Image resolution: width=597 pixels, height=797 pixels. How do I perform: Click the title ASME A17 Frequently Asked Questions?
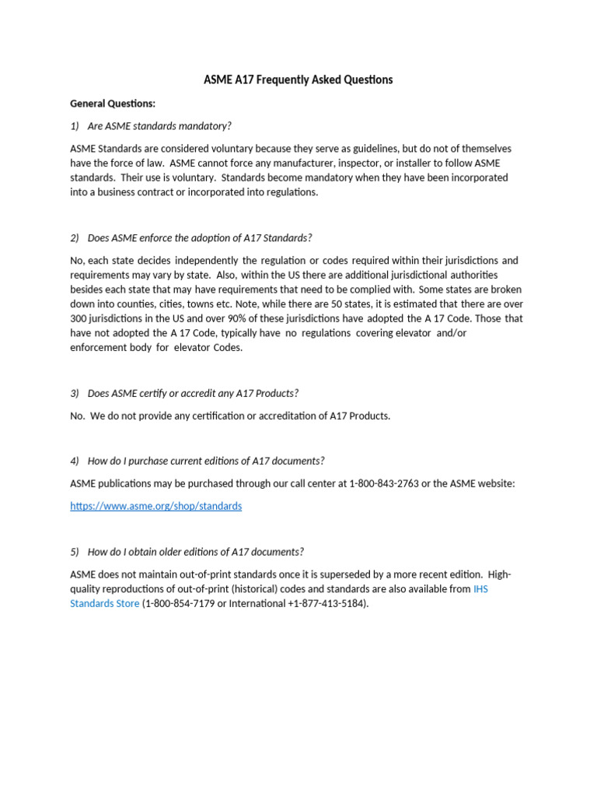(298, 79)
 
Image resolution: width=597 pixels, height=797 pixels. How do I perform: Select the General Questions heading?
(113, 103)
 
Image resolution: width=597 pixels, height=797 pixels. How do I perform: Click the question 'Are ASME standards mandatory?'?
(159, 126)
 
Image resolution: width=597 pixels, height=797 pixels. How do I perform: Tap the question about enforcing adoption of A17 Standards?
(200, 237)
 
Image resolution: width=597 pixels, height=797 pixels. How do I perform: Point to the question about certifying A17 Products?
(193, 393)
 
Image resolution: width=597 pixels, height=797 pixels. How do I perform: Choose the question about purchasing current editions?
(206, 460)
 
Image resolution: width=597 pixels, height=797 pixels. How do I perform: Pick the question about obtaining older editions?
(195, 552)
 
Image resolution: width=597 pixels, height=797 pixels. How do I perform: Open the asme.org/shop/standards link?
(155, 506)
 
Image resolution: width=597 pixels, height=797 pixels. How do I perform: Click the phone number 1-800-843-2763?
(384, 483)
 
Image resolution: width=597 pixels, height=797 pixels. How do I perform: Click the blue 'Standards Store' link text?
(105, 603)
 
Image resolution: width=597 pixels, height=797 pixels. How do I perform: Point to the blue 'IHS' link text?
(480, 589)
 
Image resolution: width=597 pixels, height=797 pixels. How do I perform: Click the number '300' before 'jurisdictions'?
(79, 319)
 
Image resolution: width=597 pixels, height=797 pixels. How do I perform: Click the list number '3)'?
(75, 393)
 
